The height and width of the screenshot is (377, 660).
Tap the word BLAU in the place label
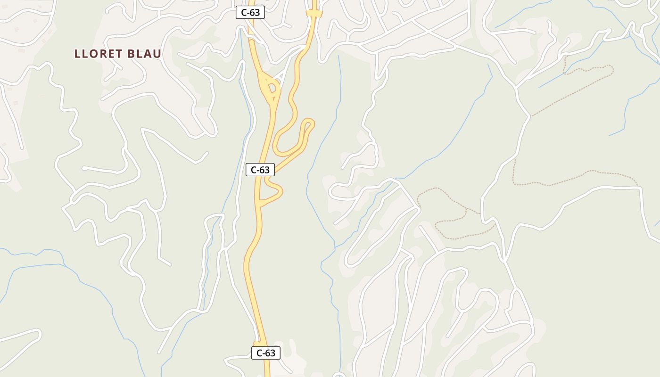pyautogui.click(x=145, y=54)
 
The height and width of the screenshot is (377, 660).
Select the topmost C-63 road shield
pyautogui.click(x=250, y=13)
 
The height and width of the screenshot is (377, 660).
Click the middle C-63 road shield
pyautogui.click(x=260, y=170)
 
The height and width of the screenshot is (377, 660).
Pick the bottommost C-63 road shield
pyautogui.click(x=266, y=352)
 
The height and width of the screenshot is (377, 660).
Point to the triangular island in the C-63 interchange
pyautogui.click(x=272, y=87)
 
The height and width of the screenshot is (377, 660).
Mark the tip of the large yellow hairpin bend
pyautogui.click(x=309, y=123)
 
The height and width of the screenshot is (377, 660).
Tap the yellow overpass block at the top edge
pyautogui.click(x=314, y=14)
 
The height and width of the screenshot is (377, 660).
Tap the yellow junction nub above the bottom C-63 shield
pyautogui.click(x=257, y=342)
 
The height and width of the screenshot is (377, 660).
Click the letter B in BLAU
pyautogui.click(x=130, y=54)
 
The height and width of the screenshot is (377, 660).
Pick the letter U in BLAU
pyautogui.click(x=157, y=54)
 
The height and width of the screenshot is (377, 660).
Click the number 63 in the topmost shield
pyautogui.click(x=255, y=13)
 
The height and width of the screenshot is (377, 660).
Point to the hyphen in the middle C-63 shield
pyautogui.click(x=260, y=170)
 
